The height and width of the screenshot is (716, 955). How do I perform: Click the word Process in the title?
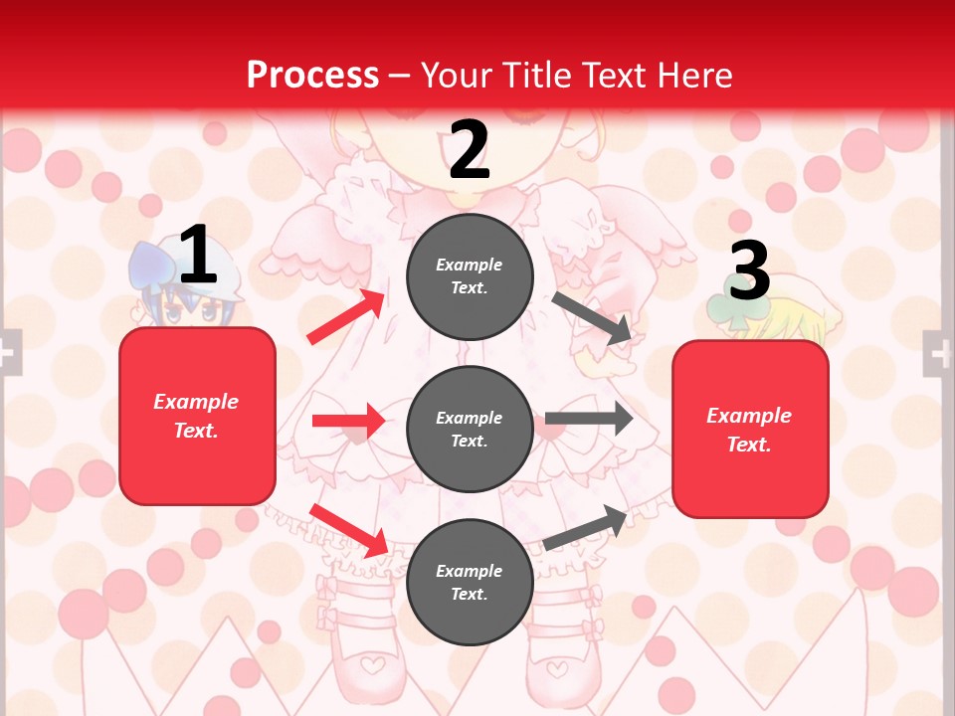[x=312, y=76]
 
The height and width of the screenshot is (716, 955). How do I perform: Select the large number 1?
[x=198, y=255]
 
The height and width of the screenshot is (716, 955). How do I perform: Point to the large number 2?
[x=470, y=149]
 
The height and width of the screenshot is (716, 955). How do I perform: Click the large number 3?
[x=749, y=270]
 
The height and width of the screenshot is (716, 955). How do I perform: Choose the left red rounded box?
[x=197, y=416]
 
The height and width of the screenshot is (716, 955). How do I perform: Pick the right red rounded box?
[x=750, y=430]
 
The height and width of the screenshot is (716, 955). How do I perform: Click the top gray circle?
[x=470, y=276]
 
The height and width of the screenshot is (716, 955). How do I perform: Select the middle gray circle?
[x=470, y=430]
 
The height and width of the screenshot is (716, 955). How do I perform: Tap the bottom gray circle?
[x=470, y=583]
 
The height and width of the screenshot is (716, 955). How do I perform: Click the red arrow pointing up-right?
[x=346, y=317]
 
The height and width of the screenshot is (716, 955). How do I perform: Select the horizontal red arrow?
[x=348, y=421]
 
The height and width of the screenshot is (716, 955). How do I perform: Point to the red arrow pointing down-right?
[x=349, y=530]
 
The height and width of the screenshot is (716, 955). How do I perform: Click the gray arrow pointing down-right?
[x=592, y=318]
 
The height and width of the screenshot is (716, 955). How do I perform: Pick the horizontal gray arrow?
[x=589, y=419]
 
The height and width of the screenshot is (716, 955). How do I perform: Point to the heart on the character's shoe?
[x=370, y=660]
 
